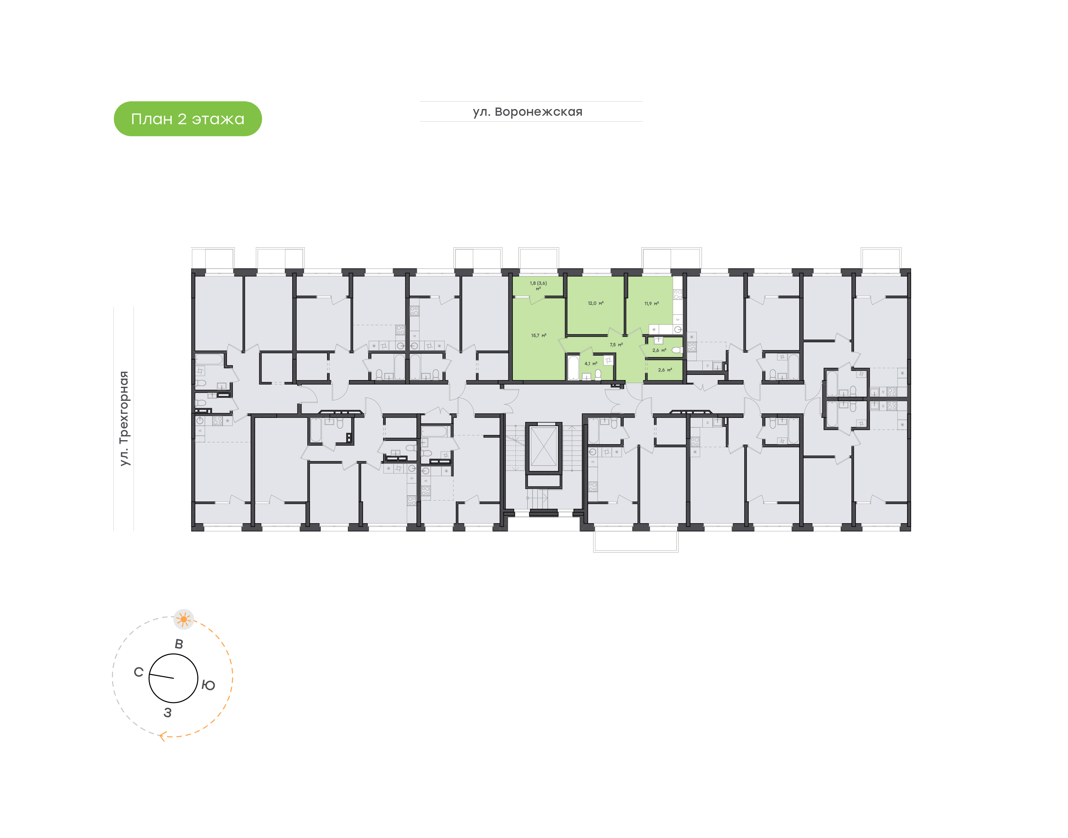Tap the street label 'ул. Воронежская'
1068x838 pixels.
pyautogui.click(x=527, y=112)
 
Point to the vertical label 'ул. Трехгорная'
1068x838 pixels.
pyautogui.click(x=125, y=419)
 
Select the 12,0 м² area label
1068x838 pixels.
pyautogui.click(x=595, y=303)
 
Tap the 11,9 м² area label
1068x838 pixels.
pyautogui.click(x=652, y=304)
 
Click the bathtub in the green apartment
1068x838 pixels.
pyautogui.click(x=573, y=368)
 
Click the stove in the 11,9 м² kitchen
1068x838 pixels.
pyautogui.click(x=678, y=294)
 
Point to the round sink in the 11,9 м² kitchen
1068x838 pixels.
pyautogui.click(x=678, y=329)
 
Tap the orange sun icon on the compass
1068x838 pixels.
pyautogui.click(x=184, y=619)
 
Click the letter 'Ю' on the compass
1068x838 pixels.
pyautogui.click(x=208, y=685)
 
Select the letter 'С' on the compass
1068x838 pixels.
pyautogui.click(x=138, y=672)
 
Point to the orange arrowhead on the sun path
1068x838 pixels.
pyautogui.click(x=161, y=736)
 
